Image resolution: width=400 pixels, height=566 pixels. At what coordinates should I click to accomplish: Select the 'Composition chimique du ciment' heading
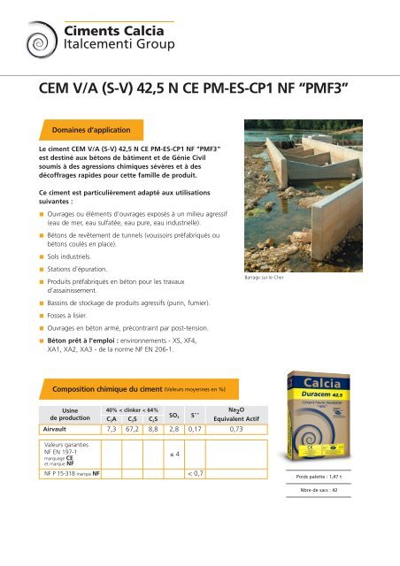pos(104,388)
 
